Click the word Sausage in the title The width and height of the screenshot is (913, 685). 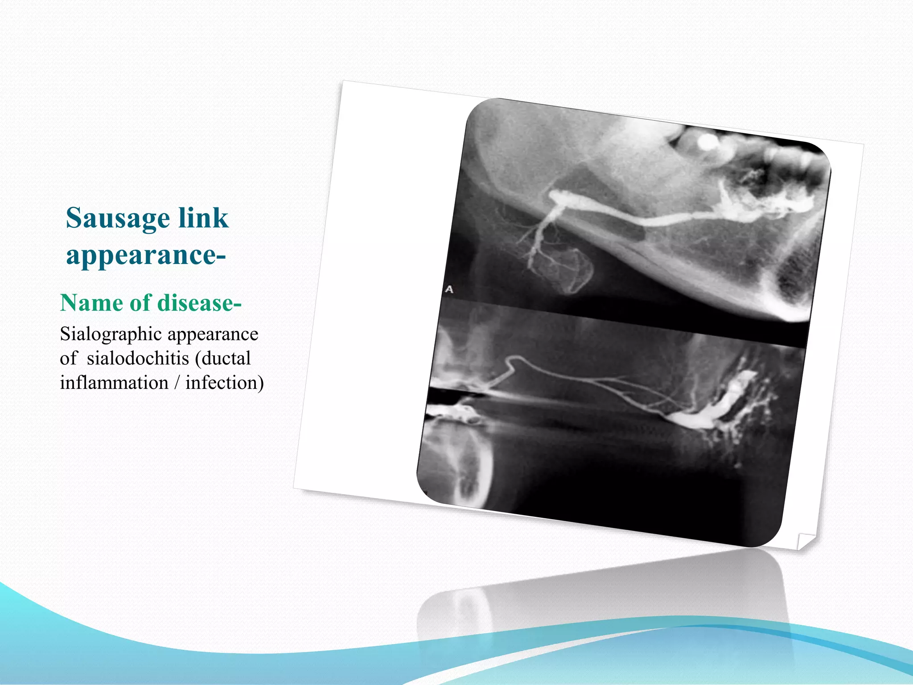click(x=118, y=219)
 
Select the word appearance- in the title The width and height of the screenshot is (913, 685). click(x=146, y=255)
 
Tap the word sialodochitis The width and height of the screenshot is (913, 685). click(x=138, y=359)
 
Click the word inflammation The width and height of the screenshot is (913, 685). click(x=114, y=383)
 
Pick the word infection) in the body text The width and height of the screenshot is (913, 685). click(x=225, y=383)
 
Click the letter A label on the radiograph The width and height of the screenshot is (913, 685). click(x=449, y=289)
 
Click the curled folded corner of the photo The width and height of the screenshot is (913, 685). click(x=805, y=541)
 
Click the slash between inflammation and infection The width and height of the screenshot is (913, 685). click(x=177, y=383)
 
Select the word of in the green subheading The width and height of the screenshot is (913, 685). click(x=140, y=303)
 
